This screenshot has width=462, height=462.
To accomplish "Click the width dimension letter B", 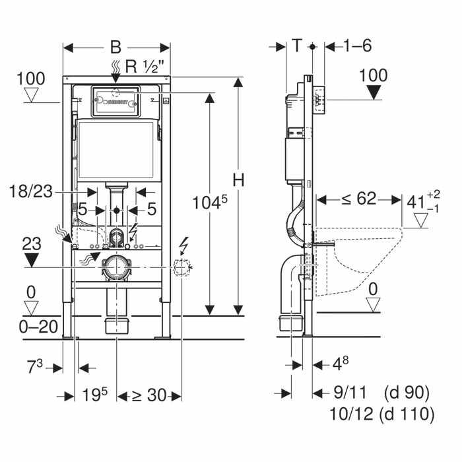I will coord(116,48).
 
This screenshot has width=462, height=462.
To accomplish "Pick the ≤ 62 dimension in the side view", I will coord(360,197).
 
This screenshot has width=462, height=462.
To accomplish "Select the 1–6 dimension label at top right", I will coord(357,46).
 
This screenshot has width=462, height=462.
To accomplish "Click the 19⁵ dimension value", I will coord(96,395).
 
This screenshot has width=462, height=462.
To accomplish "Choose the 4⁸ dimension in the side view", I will coord(339,364).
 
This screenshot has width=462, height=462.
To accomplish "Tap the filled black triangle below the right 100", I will coord(374,92).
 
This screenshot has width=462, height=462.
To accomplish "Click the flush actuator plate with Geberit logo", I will coord(115,102).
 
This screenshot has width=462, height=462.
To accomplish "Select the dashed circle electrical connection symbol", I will coord(181,267).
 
